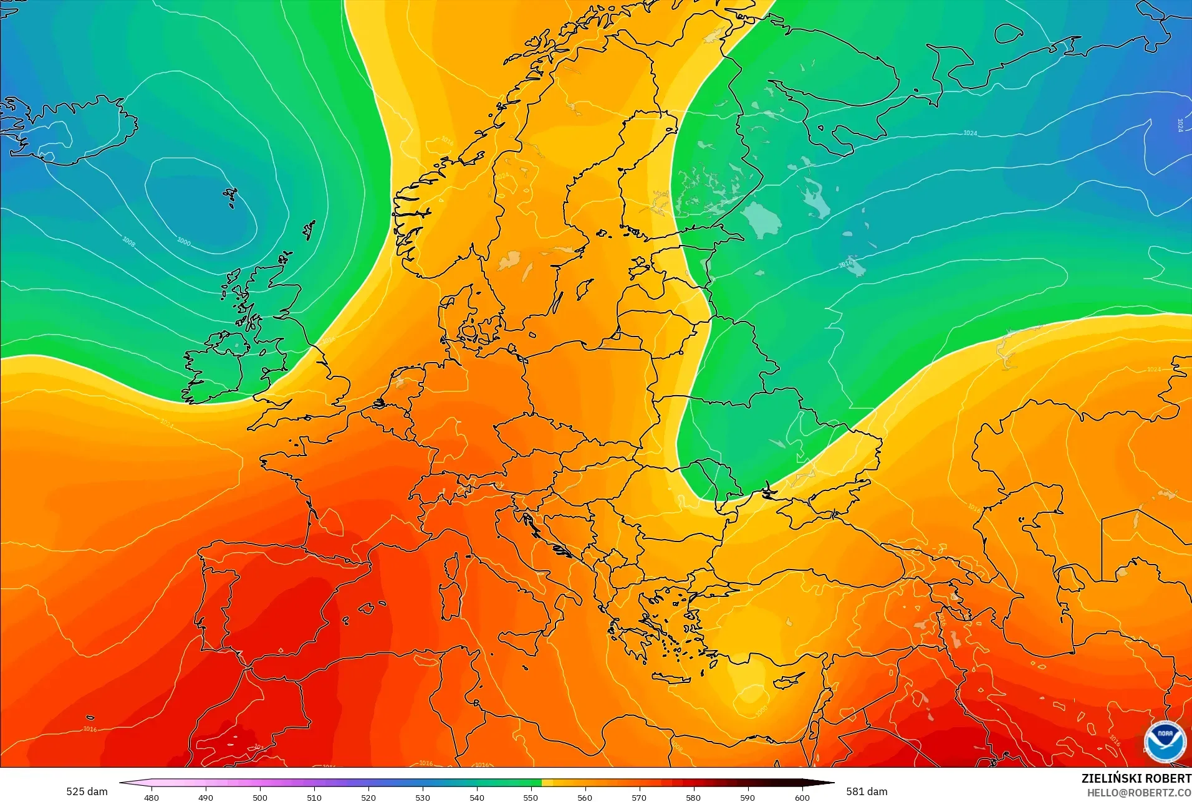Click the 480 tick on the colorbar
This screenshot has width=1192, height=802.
coord(151,797)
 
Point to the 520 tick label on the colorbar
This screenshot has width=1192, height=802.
coord(368,797)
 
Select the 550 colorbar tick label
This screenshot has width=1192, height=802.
coord(531,797)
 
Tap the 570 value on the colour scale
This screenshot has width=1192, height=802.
coord(639,797)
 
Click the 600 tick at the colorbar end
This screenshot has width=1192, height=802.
coord(802,797)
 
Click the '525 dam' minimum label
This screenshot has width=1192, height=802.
coord(87,791)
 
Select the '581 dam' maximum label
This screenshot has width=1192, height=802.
coord(867,791)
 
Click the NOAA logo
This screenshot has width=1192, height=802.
coord(1165,740)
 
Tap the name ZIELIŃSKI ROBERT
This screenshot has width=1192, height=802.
coord(1136,778)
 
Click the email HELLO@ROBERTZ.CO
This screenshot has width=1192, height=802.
coord(1139,793)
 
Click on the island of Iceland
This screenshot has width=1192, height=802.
coord(75,134)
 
